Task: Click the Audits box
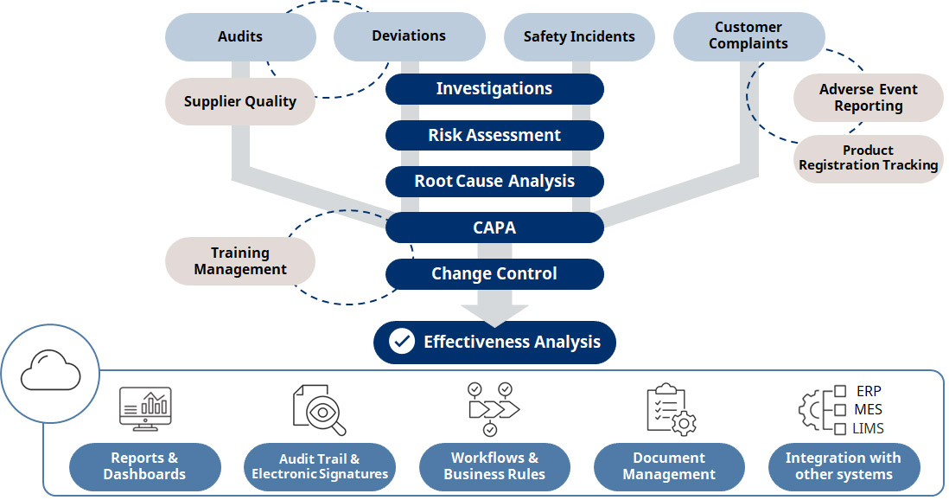point(240,36)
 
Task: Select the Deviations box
point(409,36)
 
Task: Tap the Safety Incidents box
point(579,36)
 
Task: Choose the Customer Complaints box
point(748,36)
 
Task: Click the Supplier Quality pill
point(240,101)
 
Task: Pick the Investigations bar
point(494,88)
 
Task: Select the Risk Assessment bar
point(494,135)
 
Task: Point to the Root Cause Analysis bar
point(494,182)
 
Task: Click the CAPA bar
point(494,228)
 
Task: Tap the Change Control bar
point(494,274)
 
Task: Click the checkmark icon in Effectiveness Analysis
point(402,342)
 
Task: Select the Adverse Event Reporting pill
point(868,98)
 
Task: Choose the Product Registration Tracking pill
point(868,158)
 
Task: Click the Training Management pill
point(240,261)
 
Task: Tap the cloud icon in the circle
point(50,375)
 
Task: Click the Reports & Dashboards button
point(144,466)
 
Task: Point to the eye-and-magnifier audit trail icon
point(320,409)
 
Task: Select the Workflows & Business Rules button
point(494,466)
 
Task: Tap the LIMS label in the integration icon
point(868,428)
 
